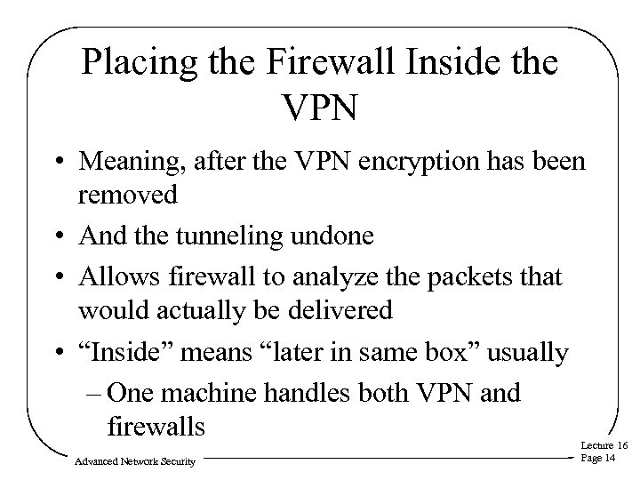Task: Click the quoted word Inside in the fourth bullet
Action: click(126, 353)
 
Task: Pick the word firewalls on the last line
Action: click(156, 426)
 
